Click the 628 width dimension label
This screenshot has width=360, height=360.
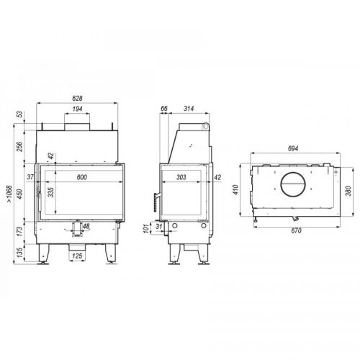click(77, 98)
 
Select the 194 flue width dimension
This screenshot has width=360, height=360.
click(77, 109)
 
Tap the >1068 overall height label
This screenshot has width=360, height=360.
click(9, 194)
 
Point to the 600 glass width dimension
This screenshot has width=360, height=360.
click(82, 177)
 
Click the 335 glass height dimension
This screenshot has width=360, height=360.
click(51, 192)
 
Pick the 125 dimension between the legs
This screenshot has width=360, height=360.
click(77, 256)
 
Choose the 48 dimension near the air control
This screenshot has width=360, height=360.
click(86, 226)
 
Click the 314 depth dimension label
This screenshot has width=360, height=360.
click(189, 109)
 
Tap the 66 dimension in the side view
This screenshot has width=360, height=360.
click(164, 109)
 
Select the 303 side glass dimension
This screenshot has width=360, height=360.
click(181, 177)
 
